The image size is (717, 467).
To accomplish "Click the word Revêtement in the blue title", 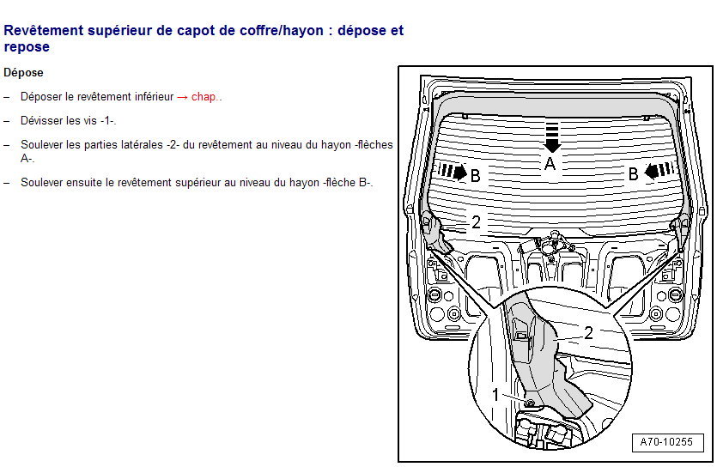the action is (44, 30).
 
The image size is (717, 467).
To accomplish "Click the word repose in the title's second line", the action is (27, 47).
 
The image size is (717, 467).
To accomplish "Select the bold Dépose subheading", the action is (23, 73).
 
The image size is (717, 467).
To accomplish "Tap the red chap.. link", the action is (206, 97).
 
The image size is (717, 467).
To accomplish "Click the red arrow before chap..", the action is (182, 97).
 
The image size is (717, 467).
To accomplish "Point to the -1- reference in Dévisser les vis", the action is (108, 121).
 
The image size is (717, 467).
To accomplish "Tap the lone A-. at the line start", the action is (27, 159).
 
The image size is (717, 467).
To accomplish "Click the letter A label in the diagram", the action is (550, 164).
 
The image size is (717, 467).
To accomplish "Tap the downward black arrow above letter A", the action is (552, 137).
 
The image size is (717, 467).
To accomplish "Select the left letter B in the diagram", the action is (476, 175).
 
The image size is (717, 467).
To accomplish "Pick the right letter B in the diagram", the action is (634, 174).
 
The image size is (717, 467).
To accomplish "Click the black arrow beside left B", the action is (453, 172).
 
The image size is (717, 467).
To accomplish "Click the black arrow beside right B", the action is (659, 171).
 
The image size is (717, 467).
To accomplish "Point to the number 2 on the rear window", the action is (476, 222).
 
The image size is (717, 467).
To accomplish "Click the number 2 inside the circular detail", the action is (589, 333).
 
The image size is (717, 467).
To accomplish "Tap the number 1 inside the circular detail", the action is (495, 394).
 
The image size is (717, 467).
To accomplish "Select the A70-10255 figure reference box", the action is (667, 442).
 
